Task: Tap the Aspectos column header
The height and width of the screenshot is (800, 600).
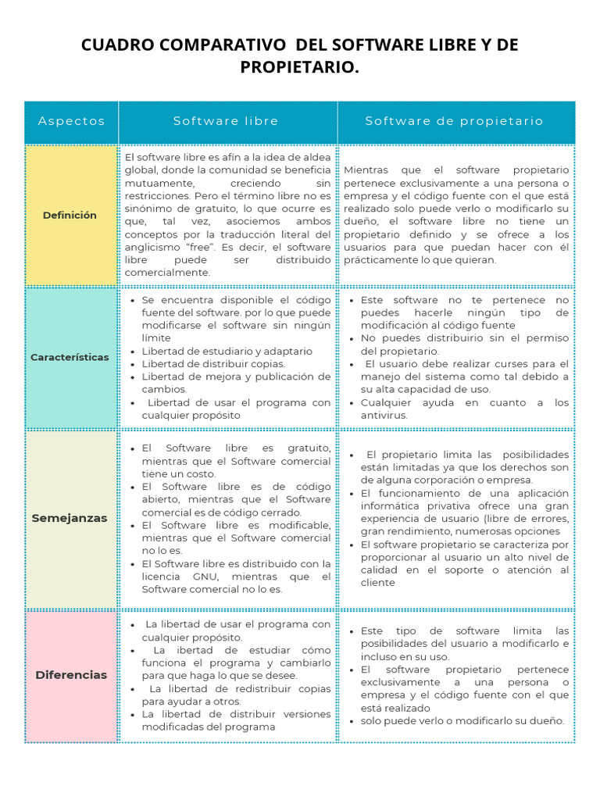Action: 71,121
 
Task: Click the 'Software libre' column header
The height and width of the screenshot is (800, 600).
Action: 226,121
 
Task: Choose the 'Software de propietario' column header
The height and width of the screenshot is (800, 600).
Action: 454,121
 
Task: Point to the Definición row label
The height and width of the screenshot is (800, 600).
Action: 70,215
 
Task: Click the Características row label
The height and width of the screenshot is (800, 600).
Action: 70,357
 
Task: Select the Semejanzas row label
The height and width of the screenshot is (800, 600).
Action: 70,518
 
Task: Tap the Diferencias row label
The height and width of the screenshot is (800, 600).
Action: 71,675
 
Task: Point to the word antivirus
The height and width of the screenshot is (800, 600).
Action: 383,415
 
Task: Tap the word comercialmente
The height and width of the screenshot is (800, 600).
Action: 167,273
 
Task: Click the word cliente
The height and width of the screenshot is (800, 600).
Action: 378,582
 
